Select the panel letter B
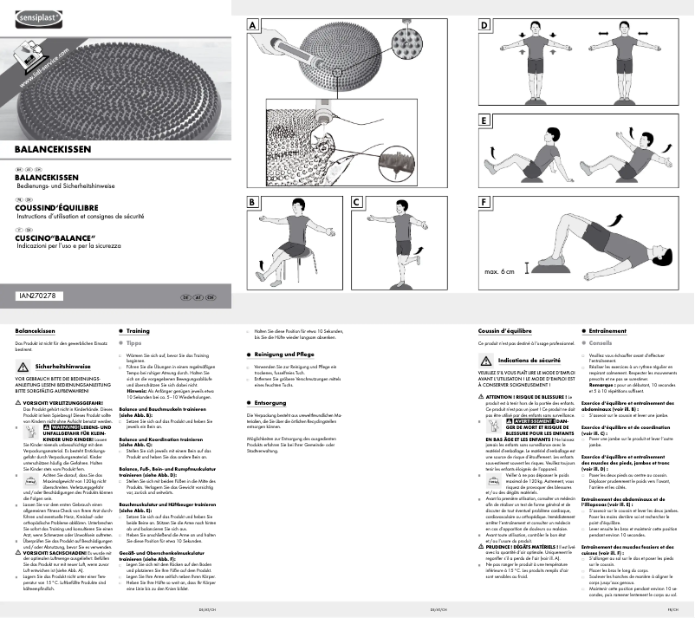pyautogui.click(x=252, y=202)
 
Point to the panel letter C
pyautogui.click(x=357, y=202)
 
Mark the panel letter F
pyautogui.click(x=484, y=202)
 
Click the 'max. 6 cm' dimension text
pyautogui.click(x=499, y=272)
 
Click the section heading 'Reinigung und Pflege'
pyautogui.click(x=284, y=355)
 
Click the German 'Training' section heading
pyautogui.click(x=138, y=331)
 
